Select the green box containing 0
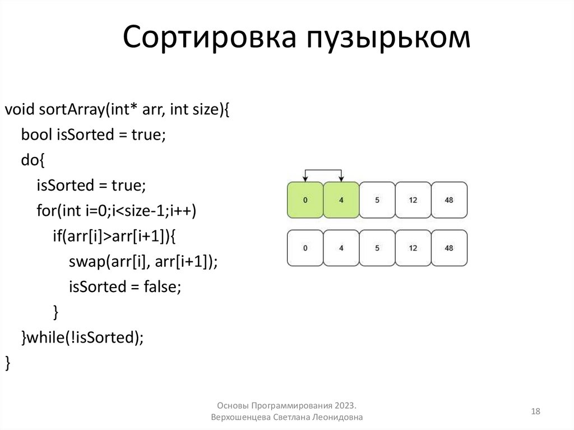[305, 200]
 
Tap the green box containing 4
[341, 200]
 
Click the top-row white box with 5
[377, 200]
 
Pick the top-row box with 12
[413, 200]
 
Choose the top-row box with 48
[449, 200]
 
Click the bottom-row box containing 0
[305, 248]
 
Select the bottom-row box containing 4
[341, 248]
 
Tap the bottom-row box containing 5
[377, 248]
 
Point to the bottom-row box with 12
[413, 248]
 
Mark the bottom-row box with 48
[449, 248]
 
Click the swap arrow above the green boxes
[323, 170]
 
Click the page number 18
[535, 412]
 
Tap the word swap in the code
[83, 262]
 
